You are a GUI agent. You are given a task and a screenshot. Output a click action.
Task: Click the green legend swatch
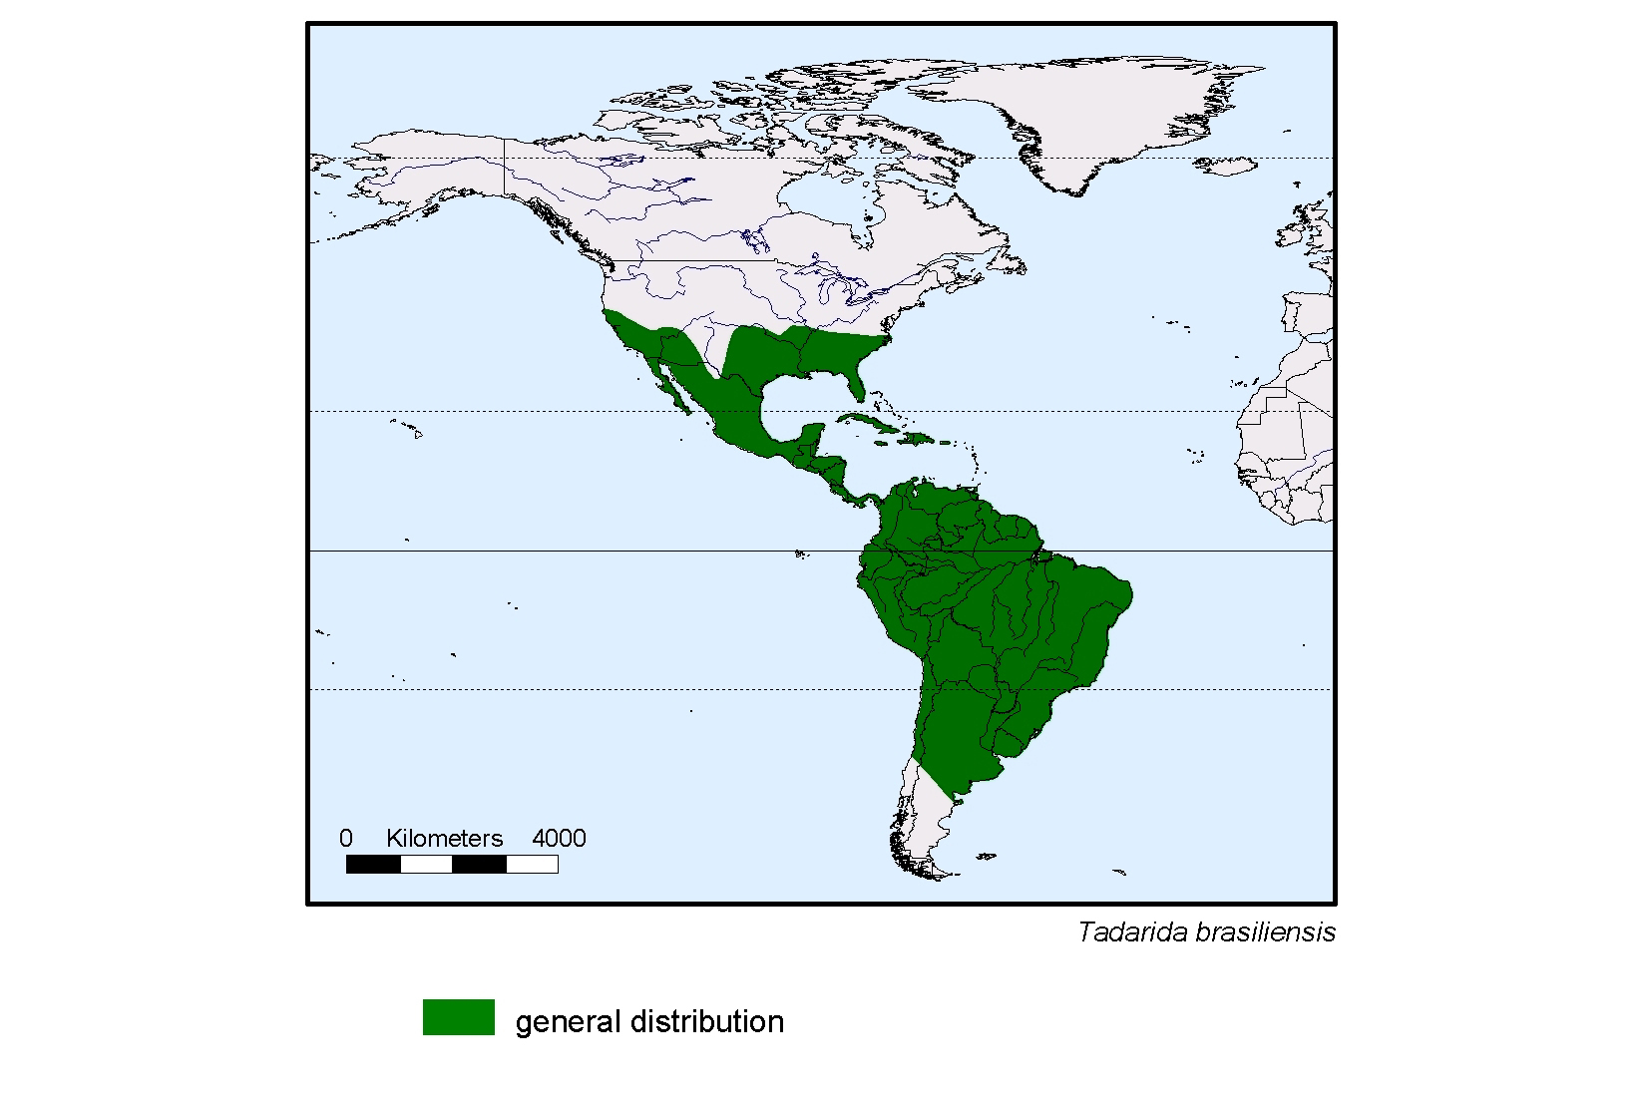(x=458, y=1017)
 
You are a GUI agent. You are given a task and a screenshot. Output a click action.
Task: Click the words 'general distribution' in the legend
(x=649, y=1021)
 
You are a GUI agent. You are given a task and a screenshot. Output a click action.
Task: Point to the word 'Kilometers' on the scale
(x=444, y=838)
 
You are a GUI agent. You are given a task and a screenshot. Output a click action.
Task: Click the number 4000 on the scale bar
(x=559, y=838)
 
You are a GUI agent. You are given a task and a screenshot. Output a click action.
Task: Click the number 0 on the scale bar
(x=345, y=838)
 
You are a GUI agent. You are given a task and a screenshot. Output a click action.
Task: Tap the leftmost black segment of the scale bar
(x=373, y=865)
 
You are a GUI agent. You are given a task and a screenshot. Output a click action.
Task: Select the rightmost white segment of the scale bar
(x=532, y=865)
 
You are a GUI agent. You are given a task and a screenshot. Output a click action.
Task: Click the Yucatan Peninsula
(x=812, y=439)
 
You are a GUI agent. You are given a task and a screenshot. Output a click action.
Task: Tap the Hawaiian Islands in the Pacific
(x=409, y=429)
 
